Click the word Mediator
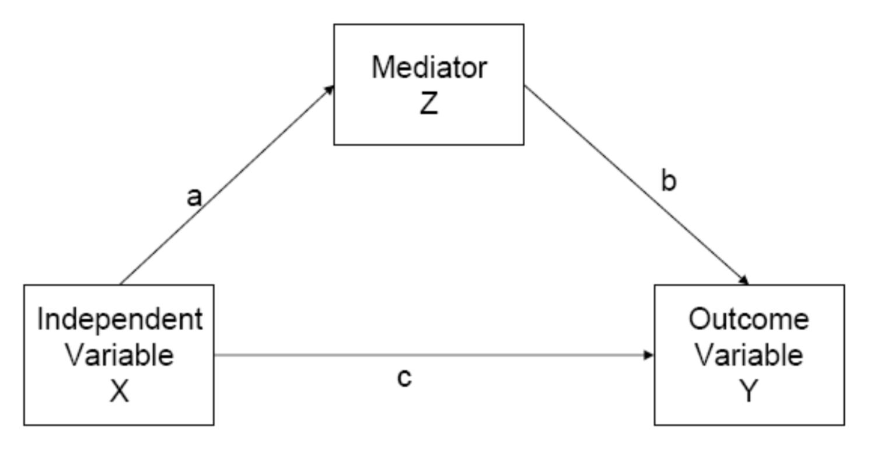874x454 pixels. point(429,68)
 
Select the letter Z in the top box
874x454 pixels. point(429,104)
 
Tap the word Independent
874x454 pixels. point(120,320)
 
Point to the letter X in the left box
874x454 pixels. point(119,392)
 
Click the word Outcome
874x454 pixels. point(749,319)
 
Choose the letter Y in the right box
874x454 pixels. point(748,392)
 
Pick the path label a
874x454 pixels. point(194,197)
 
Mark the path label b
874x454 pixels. point(669,182)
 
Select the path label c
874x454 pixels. point(404,378)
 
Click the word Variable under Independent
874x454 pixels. point(119,355)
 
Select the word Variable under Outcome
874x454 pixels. point(749,355)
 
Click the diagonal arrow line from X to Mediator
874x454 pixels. point(228,184)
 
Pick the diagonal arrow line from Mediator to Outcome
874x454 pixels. point(636,185)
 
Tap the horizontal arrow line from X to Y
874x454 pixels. point(432,355)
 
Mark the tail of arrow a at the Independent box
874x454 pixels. point(121,283)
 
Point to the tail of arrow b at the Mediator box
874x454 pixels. point(526,88)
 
